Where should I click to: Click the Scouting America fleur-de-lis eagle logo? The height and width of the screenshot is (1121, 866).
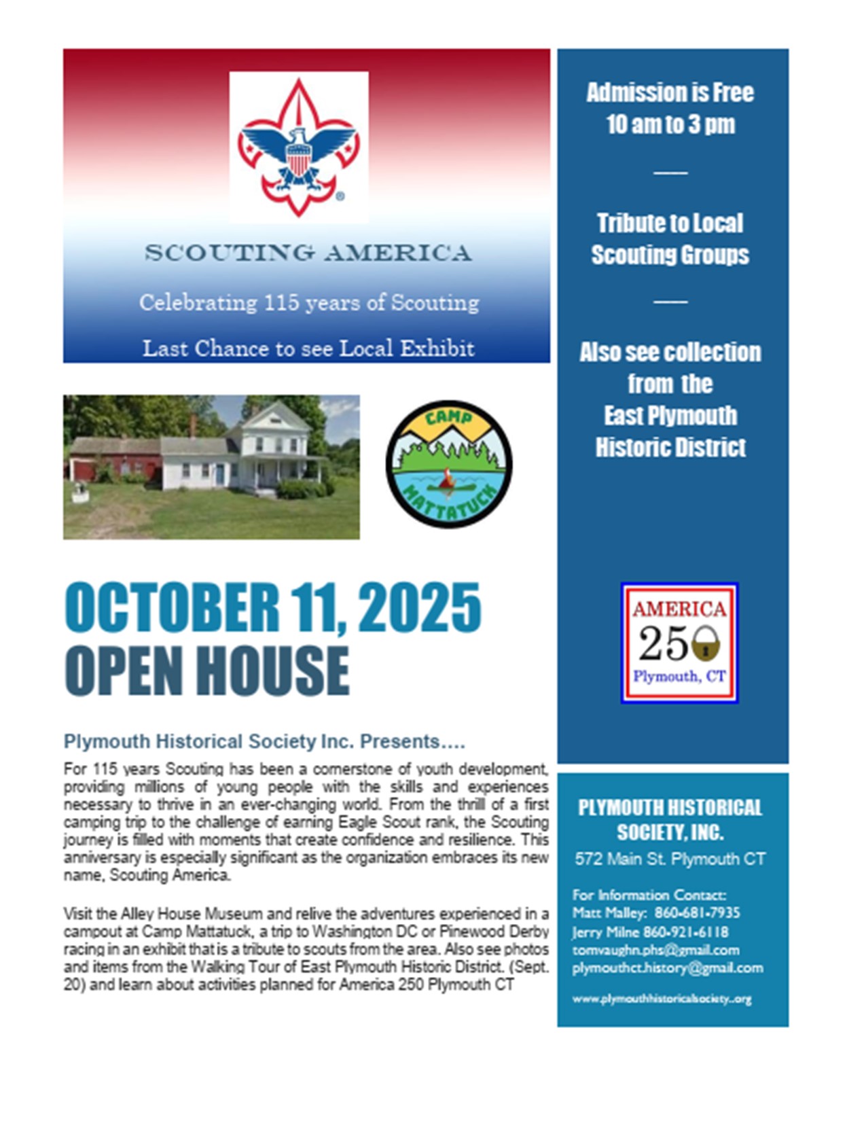(299, 147)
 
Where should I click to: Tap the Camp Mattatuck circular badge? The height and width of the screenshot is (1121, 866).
(449, 465)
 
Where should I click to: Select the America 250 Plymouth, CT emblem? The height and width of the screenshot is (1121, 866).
(679, 643)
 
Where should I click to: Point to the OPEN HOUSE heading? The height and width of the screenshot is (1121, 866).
(207, 671)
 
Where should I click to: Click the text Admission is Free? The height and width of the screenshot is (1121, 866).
(670, 92)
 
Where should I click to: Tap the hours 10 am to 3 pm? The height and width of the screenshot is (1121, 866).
(670, 124)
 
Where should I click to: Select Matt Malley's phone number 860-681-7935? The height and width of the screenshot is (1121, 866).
(697, 912)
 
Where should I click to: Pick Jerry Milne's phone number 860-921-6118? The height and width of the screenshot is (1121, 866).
(685, 931)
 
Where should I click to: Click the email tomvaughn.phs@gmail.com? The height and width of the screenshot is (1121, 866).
(655, 950)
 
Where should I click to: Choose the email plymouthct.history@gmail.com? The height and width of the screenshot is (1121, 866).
(667, 967)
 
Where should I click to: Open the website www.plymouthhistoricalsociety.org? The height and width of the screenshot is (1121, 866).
(662, 999)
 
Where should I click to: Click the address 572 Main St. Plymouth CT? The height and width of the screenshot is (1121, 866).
(670, 859)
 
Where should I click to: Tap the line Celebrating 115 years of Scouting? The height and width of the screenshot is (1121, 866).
(309, 302)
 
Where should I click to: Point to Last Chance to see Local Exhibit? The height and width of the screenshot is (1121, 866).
(308, 348)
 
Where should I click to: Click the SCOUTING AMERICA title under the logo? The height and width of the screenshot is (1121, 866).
(308, 253)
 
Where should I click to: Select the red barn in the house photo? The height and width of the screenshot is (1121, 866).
(112, 461)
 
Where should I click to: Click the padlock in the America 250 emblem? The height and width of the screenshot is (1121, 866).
(706, 643)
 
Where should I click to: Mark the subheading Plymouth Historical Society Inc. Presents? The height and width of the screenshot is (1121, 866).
(264, 741)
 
